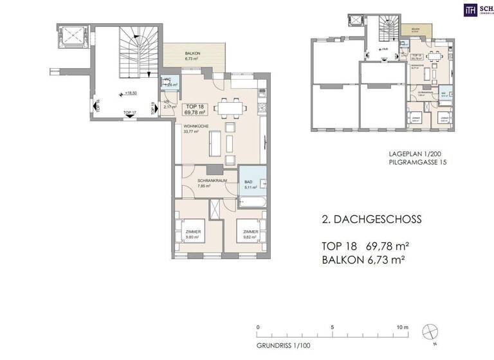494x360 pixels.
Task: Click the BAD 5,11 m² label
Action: click(x=250, y=185)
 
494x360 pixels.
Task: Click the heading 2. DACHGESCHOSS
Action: click(x=371, y=219)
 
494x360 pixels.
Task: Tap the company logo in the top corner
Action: click(x=471, y=9)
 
